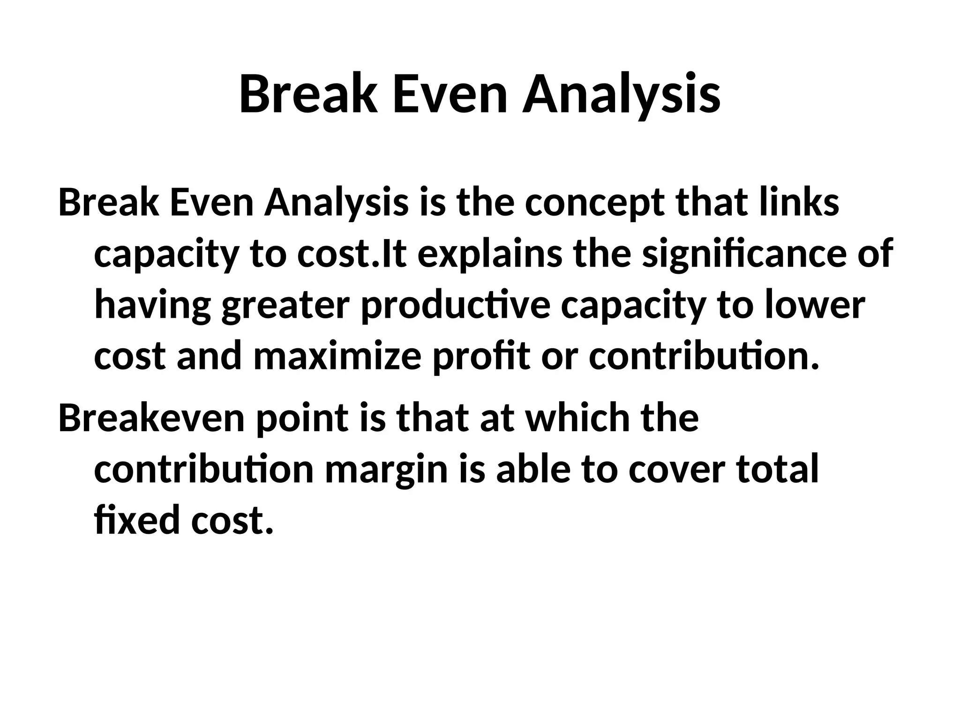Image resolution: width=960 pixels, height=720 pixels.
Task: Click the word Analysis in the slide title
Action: click(621, 95)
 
